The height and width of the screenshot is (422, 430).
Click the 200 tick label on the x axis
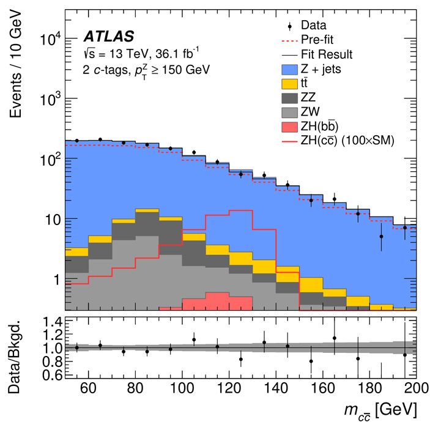click(x=415, y=388)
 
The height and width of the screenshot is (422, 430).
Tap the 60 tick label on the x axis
click(x=88, y=388)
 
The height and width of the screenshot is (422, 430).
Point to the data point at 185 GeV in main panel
click(x=381, y=236)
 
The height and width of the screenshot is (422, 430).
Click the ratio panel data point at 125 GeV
click(x=240, y=359)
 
